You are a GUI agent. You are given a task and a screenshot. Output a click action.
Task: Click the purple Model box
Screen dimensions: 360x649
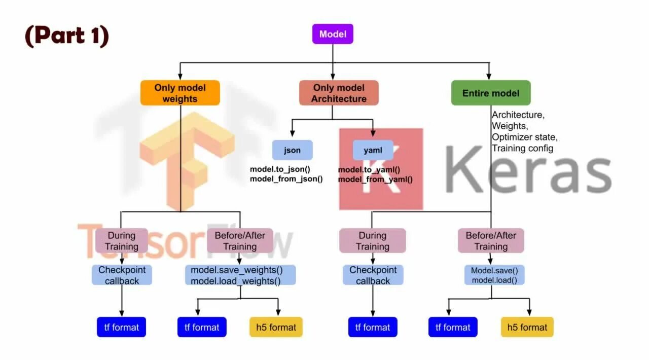pyautogui.click(x=333, y=34)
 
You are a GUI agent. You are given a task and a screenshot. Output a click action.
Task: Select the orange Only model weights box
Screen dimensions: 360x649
pyautogui.click(x=180, y=93)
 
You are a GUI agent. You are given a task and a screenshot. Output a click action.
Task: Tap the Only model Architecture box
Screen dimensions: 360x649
pyautogui.click(x=339, y=93)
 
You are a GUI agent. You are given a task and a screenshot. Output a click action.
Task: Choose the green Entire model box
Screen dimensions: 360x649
pyautogui.click(x=490, y=93)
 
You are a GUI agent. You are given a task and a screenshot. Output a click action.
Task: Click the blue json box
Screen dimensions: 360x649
pyautogui.click(x=292, y=150)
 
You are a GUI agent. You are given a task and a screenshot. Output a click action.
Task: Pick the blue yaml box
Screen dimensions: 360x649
pyautogui.click(x=373, y=150)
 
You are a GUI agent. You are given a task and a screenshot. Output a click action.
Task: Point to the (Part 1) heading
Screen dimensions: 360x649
pyautogui.click(x=67, y=35)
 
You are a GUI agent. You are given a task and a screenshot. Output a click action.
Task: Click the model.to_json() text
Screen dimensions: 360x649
pyautogui.click(x=280, y=169)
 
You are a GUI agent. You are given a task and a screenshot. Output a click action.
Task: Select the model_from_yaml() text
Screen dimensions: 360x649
pyautogui.click(x=375, y=179)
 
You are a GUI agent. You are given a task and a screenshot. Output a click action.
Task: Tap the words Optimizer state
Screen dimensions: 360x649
pyautogui.click(x=524, y=137)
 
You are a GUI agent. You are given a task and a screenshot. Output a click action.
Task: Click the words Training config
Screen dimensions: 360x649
pyautogui.click(x=522, y=148)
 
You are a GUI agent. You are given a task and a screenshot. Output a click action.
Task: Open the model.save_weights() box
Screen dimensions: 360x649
pyautogui.click(x=237, y=270)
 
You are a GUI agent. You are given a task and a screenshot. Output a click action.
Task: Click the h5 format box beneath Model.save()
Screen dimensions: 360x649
pyautogui.click(x=527, y=327)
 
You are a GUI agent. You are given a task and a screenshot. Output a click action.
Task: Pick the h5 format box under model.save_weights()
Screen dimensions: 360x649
pyautogui.click(x=276, y=327)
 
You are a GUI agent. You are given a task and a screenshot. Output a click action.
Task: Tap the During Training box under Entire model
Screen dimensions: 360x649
pyautogui.click(x=372, y=241)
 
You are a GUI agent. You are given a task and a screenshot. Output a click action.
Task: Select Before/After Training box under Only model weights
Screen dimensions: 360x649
pyautogui.click(x=240, y=241)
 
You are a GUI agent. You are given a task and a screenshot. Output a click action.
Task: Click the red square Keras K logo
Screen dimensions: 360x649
pyautogui.click(x=381, y=169)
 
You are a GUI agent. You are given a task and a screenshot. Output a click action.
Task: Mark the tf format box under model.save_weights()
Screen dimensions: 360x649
pyautogui.click(x=202, y=327)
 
